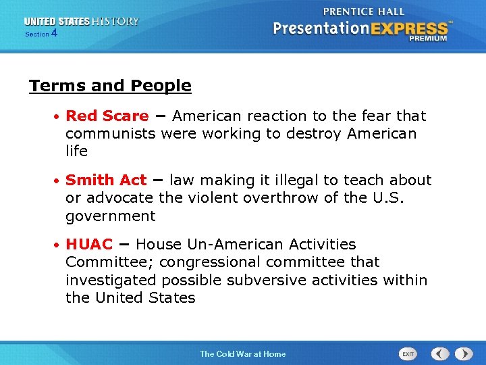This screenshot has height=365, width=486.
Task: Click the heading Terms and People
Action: (110, 86)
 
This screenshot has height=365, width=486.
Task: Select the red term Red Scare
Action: (107, 116)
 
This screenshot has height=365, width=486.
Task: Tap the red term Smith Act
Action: (106, 180)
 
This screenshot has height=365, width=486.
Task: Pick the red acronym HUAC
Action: (89, 244)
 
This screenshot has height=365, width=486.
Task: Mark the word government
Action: (110, 216)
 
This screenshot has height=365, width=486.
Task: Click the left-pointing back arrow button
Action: (440, 354)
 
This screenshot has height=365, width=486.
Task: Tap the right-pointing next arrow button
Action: (464, 354)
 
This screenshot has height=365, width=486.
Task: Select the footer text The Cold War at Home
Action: (242, 354)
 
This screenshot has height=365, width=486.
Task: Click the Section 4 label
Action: (40, 33)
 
